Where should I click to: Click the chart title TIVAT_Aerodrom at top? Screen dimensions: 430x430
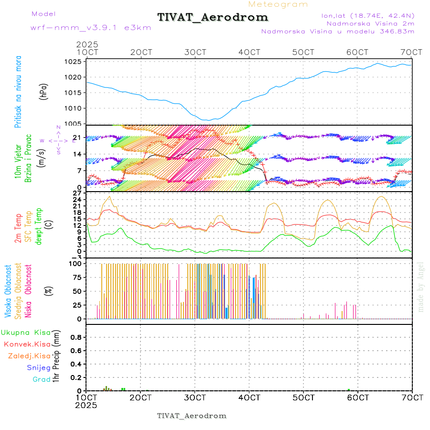[213, 17]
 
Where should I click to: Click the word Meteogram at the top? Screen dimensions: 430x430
[278, 4]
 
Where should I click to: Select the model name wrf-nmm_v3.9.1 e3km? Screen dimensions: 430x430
[90, 28]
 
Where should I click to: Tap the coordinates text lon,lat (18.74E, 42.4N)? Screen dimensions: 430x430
[367, 15]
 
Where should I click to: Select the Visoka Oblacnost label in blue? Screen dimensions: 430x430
[9, 291]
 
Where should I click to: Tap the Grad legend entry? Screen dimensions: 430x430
[42, 380]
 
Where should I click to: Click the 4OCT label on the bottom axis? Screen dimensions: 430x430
[249, 398]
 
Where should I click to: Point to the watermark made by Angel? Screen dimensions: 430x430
[421, 287]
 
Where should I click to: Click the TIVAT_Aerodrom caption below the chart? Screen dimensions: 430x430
[192, 416]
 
